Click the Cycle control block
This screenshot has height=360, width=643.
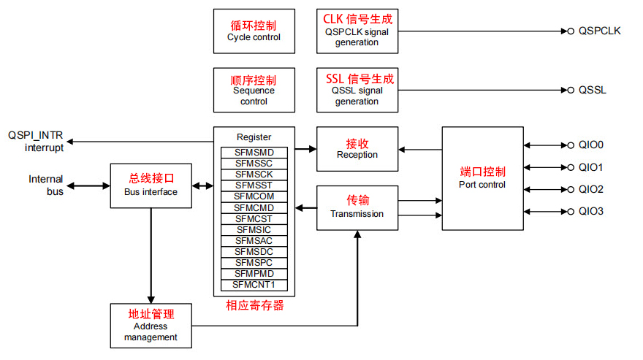point(254,31)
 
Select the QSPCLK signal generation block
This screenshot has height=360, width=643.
point(357,31)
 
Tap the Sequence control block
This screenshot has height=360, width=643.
point(254,91)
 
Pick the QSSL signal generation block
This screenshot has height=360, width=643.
point(357,91)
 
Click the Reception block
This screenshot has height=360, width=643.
point(357,149)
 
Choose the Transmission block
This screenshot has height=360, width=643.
point(357,207)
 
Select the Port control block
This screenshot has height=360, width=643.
point(482,178)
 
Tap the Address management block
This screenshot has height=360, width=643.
point(151,325)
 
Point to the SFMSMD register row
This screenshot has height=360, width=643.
point(254,152)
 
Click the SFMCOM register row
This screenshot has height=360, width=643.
point(254,196)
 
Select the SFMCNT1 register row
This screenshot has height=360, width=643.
point(254,285)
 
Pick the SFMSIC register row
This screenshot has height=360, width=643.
point(254,229)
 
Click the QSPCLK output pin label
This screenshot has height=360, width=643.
point(599,31)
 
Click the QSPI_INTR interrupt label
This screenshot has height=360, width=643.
point(36,141)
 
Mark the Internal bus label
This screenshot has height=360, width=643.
point(46,185)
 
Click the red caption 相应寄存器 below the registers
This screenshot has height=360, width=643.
point(254,305)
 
